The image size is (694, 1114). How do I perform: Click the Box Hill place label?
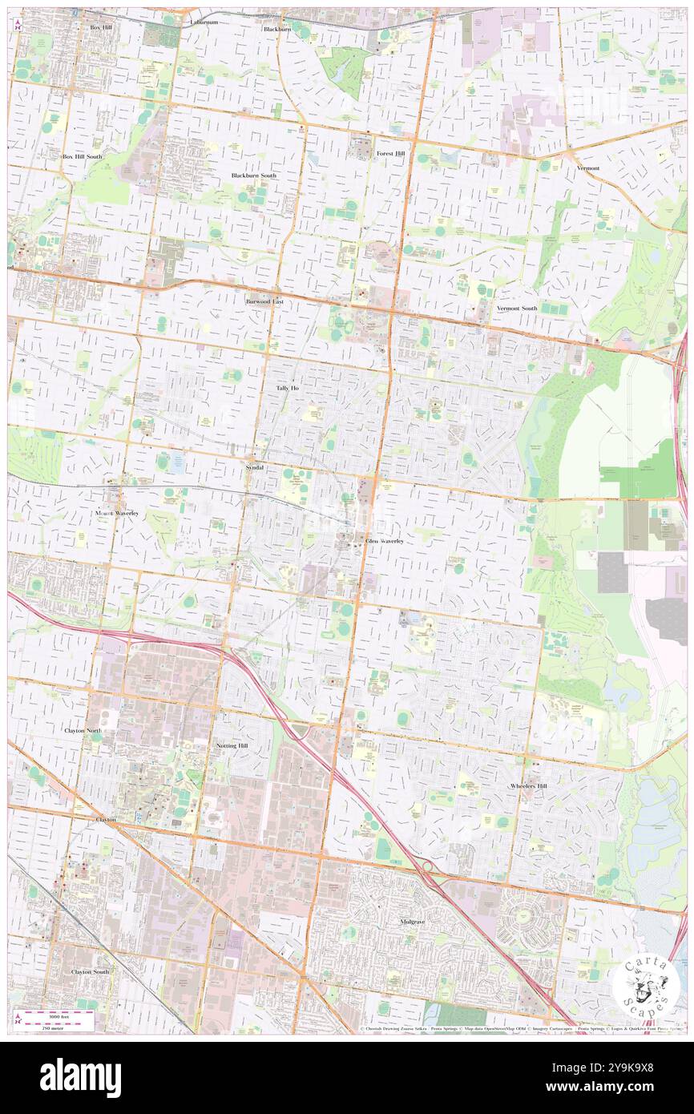(101, 27)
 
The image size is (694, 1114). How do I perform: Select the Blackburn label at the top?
(276, 29)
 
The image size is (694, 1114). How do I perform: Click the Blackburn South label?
(253, 175)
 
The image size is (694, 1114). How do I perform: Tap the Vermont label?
(587, 168)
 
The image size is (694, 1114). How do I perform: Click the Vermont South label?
(517, 309)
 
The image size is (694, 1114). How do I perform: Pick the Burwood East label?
(264, 301)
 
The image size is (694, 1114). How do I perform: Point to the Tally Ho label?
(287, 388)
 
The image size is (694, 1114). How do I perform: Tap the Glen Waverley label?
(385, 542)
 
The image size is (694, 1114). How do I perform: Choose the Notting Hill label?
(232, 745)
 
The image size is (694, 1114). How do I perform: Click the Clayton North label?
(84, 731)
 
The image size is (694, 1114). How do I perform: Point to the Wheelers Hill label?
(529, 786)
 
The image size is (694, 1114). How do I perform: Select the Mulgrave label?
(412, 922)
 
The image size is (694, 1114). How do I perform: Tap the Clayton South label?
(90, 971)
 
